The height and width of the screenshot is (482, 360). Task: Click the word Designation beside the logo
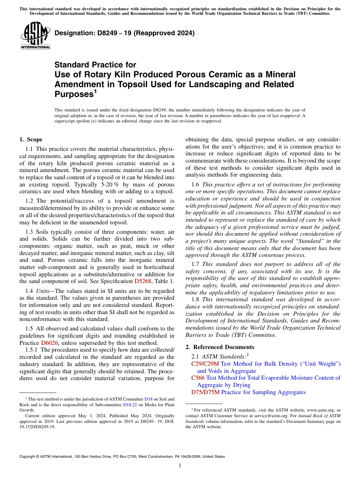[73, 33]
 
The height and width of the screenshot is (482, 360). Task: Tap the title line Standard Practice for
[95, 65]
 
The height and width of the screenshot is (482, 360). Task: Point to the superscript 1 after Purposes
[95, 91]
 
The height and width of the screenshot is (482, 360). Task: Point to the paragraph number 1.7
[195, 264]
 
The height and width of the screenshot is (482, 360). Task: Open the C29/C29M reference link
[205, 364]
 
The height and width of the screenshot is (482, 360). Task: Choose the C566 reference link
[198, 378]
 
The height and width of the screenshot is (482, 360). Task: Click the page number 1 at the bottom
[180, 465]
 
